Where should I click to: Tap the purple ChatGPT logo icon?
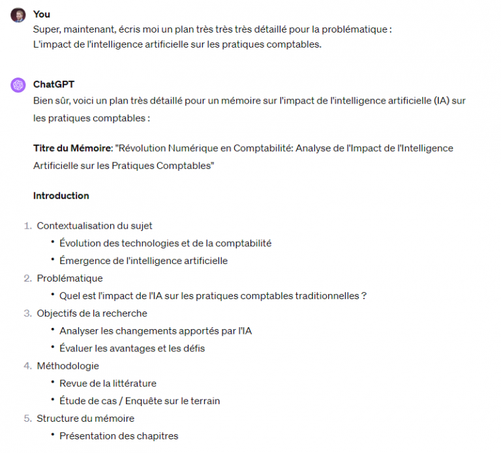[x=18, y=85]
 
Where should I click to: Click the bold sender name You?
[x=41, y=14]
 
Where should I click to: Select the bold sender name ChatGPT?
[x=53, y=85]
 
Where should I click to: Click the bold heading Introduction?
[x=61, y=196]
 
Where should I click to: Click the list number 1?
[x=27, y=226]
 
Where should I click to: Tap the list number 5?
[x=27, y=418]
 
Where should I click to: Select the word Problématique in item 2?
[x=70, y=278]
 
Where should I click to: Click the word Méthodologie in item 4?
[x=68, y=366]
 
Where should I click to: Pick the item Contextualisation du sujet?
[x=95, y=226]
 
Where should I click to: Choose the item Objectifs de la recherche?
[x=92, y=314]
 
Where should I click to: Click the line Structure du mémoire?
[x=85, y=418]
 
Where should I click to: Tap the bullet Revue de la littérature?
[x=108, y=383]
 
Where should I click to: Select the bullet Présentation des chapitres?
[x=119, y=436]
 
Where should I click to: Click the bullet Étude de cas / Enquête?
[x=140, y=401]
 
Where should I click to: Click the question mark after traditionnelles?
[x=363, y=296]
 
